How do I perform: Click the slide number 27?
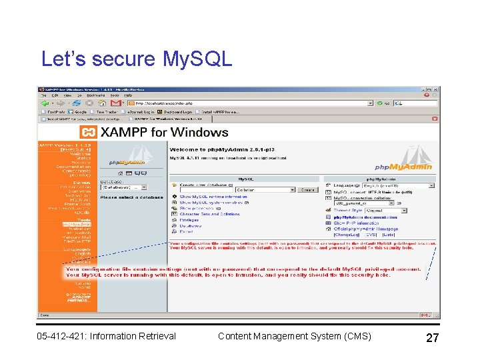[432, 338]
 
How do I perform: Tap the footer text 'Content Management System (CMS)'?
[294, 336]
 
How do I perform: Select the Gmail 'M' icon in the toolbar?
[115, 103]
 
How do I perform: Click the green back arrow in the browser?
[45, 103]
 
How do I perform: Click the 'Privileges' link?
[189, 220]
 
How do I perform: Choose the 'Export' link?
[186, 231]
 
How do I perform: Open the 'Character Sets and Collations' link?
[209, 214]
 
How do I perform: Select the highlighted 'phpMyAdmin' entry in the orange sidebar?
[77, 224]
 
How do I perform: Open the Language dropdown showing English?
[399, 185]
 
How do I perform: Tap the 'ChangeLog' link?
[347, 235]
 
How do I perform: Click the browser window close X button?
[436, 89]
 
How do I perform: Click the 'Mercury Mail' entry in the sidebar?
[78, 237]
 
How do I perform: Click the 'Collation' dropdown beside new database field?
[265, 190]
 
